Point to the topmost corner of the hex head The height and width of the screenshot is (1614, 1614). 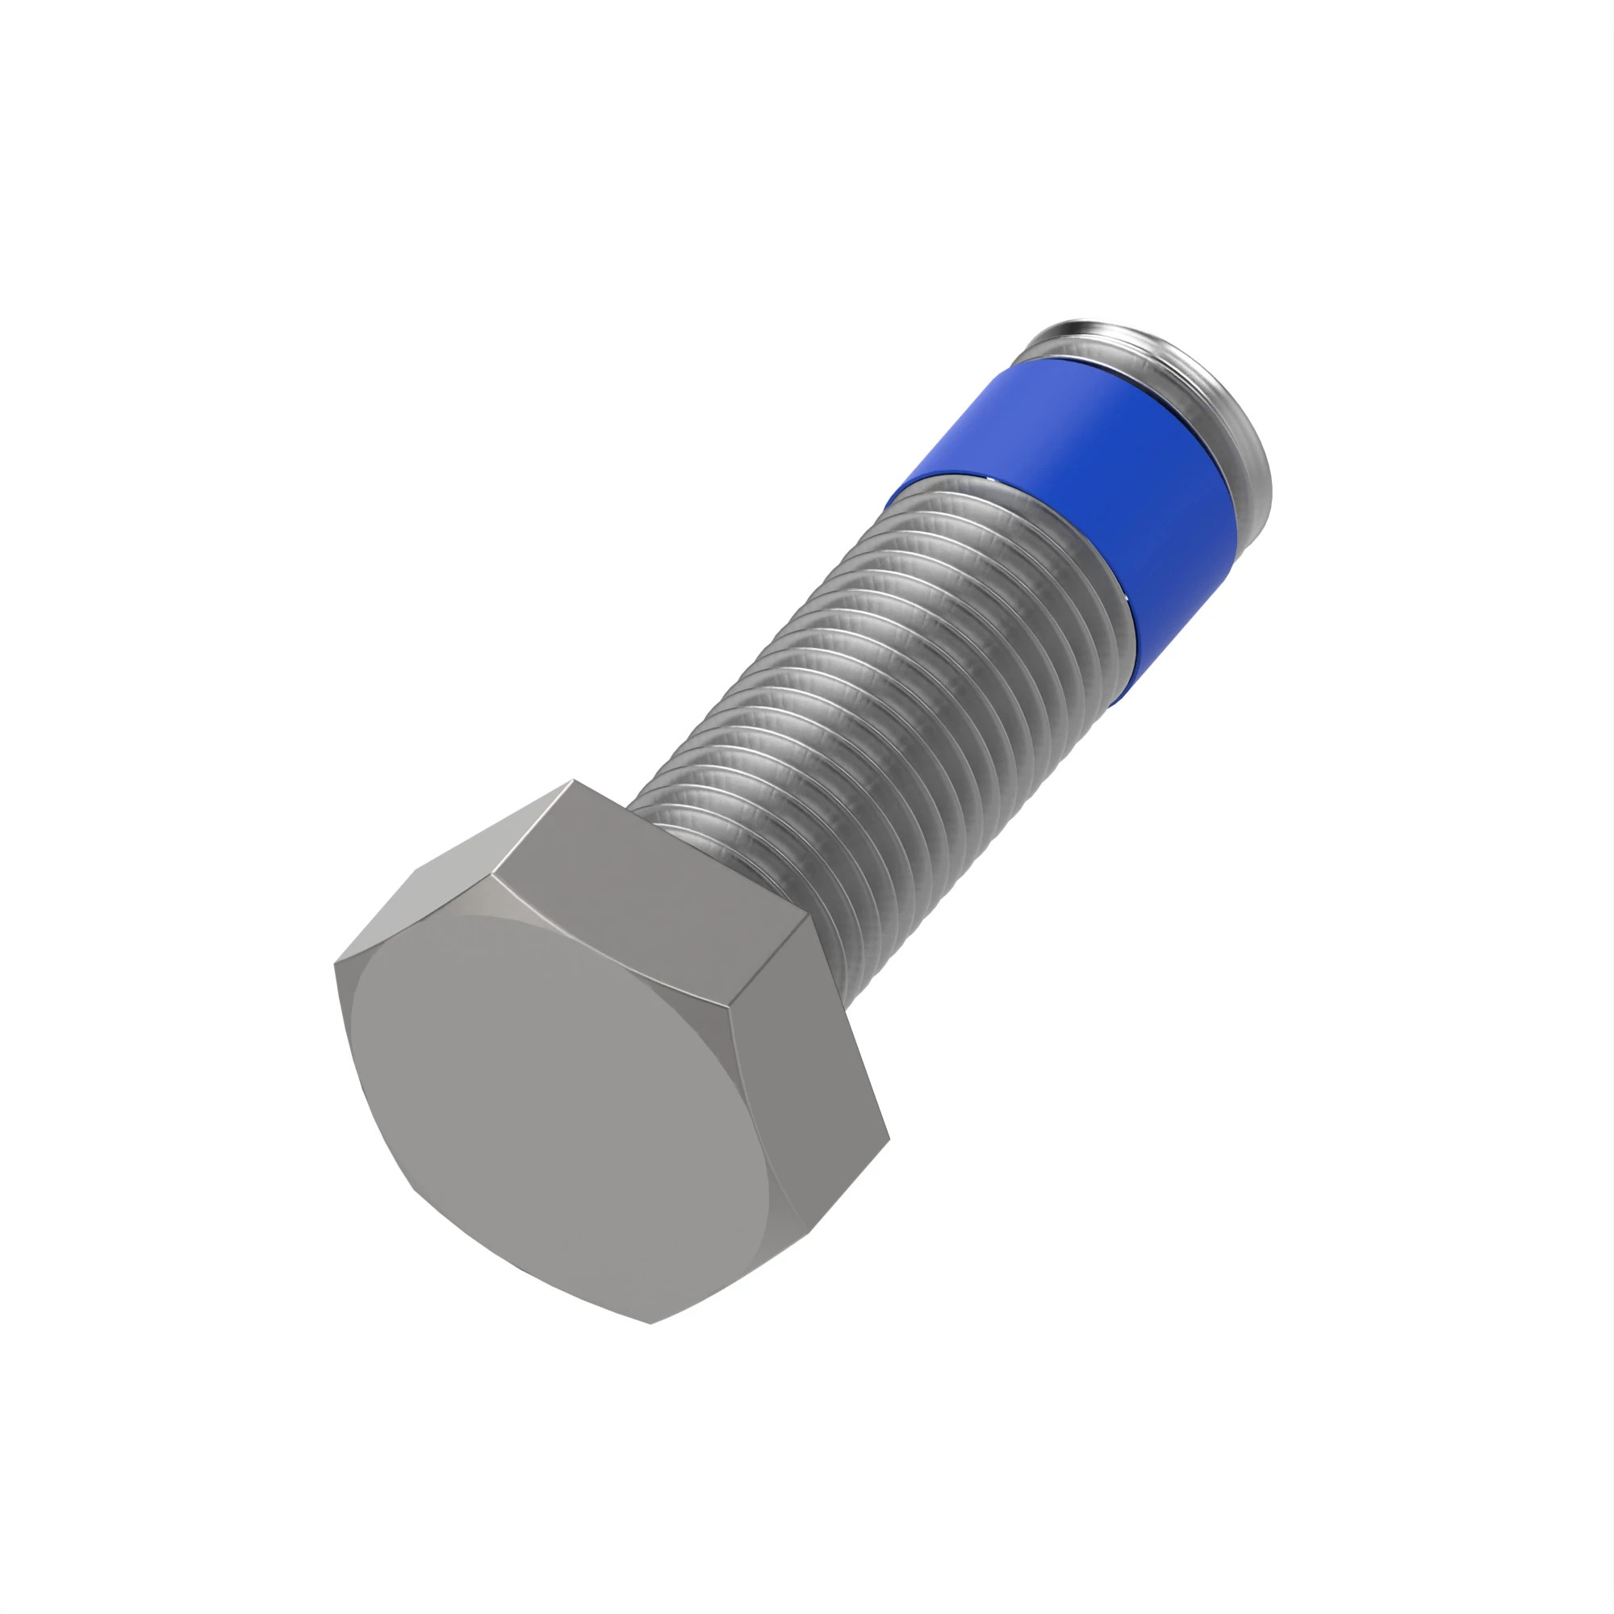(573, 780)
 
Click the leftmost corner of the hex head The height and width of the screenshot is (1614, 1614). (335, 964)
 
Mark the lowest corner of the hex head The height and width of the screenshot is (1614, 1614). (650, 1323)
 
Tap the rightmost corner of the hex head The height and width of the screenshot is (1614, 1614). (889, 1138)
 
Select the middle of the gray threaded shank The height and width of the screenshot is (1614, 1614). (877, 710)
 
